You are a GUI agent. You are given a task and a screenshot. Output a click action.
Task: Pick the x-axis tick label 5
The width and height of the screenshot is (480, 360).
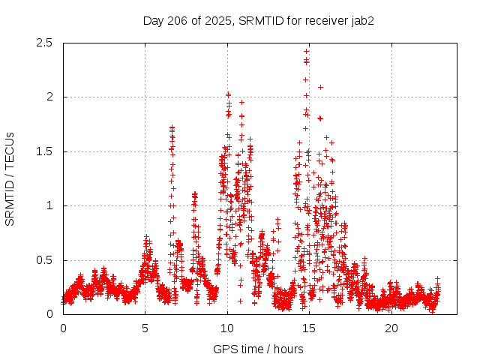(x=145, y=328)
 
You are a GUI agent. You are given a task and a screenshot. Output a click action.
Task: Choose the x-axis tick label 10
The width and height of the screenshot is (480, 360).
(x=227, y=328)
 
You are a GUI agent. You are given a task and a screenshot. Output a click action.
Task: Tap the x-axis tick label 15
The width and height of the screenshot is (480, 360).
(x=310, y=328)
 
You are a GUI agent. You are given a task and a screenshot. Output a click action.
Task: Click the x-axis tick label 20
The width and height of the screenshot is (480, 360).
(x=391, y=328)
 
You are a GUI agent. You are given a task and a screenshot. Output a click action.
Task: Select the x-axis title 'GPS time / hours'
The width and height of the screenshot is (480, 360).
(x=258, y=349)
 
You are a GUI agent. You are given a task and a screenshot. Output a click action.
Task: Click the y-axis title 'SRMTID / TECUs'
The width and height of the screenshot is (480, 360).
(x=10, y=178)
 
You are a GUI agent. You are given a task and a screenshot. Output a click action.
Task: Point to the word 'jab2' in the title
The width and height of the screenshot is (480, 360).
(x=362, y=21)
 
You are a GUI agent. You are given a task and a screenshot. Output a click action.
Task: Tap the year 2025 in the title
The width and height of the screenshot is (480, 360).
(x=217, y=21)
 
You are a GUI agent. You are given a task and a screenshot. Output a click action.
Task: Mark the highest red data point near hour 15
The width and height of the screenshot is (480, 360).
(x=306, y=52)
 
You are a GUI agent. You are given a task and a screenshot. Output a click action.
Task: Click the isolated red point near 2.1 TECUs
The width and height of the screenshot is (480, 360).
(x=320, y=87)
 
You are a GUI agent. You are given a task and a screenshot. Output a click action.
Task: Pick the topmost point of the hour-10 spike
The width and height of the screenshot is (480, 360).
(x=228, y=94)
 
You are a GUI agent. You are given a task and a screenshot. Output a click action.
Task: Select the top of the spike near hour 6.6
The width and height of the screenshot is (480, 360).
(x=172, y=127)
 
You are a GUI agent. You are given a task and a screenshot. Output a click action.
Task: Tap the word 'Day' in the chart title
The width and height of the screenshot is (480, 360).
(x=154, y=21)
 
